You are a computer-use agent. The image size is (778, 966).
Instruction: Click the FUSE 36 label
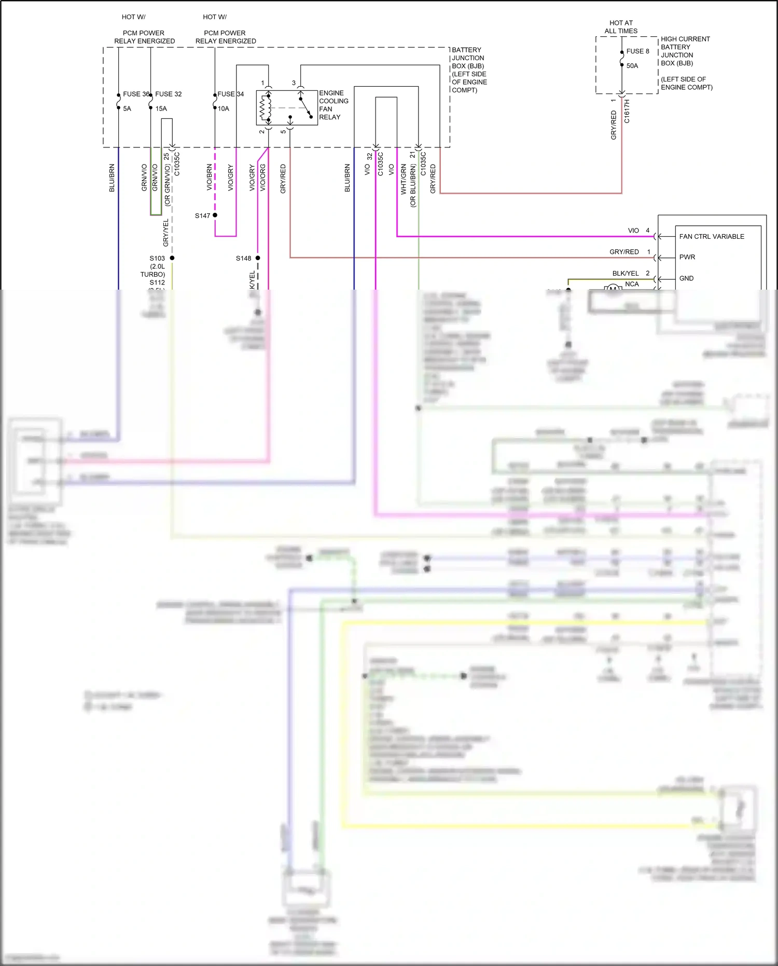coord(136,94)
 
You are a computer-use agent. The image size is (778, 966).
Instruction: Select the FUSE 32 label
coord(169,94)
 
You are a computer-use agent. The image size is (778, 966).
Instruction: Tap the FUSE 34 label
coord(230,94)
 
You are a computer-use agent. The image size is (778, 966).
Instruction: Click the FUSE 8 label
coord(637,51)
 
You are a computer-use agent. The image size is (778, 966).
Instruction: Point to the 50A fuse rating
coord(632,66)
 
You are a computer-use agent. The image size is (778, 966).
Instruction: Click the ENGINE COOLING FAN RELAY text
coord(333,105)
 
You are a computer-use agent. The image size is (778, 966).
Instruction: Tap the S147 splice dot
coord(215,215)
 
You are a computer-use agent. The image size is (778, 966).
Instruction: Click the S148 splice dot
coord(258,258)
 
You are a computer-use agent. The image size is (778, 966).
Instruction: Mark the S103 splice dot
coord(172,258)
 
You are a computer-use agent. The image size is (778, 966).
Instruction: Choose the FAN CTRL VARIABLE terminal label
coord(711,236)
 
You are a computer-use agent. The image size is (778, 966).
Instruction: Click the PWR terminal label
coord(687,257)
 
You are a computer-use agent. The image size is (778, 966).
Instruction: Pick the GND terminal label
coord(686,278)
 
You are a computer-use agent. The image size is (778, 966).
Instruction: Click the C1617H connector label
coord(627,111)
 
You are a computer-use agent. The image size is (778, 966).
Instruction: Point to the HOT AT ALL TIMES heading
coord(621,27)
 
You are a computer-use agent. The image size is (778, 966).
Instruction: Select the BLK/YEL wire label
coord(626,273)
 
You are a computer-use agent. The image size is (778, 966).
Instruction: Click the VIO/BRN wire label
coord(210,178)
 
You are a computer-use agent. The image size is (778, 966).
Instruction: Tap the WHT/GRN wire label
coord(404,179)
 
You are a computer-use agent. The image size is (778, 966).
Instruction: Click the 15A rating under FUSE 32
coord(161,108)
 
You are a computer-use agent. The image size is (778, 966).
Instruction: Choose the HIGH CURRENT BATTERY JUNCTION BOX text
coord(685,51)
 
